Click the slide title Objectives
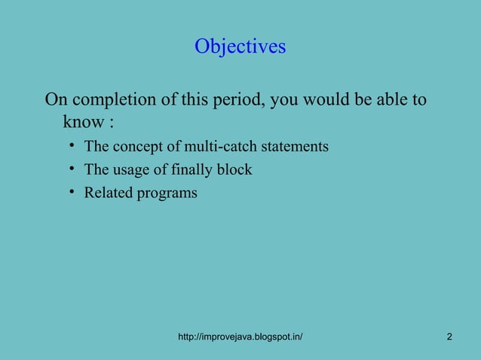tap(240, 47)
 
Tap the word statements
tap(293, 146)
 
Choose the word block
tap(234, 169)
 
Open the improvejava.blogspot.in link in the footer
tap(240, 337)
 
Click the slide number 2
tap(449, 337)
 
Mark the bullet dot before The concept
tap(69, 145)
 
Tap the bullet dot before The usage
tap(69, 169)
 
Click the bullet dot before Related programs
tap(69, 192)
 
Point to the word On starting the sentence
tap(55, 99)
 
